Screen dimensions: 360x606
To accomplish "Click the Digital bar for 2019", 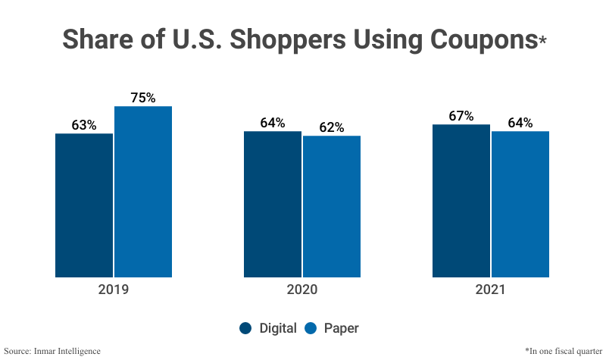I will point(84,205).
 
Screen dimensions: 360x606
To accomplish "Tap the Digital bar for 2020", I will point(273,204).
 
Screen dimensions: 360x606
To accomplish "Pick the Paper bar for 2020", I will point(332,206).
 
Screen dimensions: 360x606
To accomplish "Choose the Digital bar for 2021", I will point(461,201).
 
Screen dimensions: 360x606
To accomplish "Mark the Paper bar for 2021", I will point(520,204).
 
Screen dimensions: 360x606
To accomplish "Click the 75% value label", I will point(143,98).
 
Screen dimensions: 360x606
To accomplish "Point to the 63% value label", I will point(84,125).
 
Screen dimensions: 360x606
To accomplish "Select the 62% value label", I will point(332,127).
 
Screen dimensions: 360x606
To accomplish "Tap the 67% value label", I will point(461,116).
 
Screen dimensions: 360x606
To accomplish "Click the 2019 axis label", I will point(114,290).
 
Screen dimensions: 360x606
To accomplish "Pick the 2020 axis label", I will point(302,290).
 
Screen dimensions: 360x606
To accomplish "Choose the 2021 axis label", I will point(491,290).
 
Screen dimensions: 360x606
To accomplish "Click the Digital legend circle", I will point(245,328).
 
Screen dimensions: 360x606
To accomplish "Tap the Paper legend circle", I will point(310,328).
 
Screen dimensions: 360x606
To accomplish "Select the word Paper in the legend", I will point(341,328).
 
